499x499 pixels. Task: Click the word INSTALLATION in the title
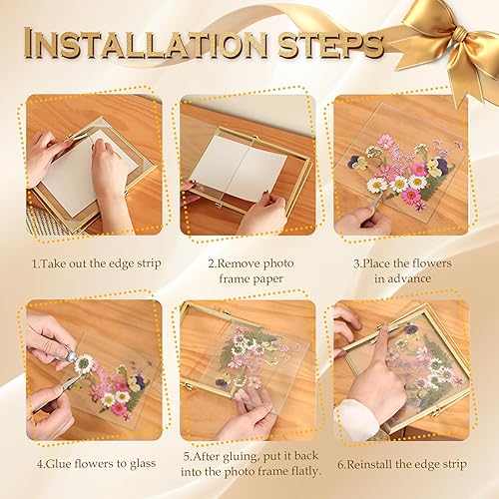(146, 43)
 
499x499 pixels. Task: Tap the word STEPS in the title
(331, 44)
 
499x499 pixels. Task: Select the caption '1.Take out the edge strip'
(97, 263)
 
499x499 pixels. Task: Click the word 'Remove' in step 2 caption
(239, 263)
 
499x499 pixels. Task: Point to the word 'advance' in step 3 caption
(402, 278)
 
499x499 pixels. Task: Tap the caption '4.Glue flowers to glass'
(96, 464)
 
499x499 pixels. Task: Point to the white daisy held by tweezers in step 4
(83, 363)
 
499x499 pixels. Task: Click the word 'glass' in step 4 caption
(143, 464)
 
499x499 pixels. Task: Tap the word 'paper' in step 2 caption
(267, 279)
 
